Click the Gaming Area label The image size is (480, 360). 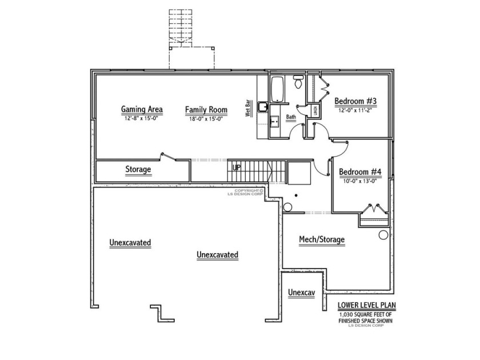pos(142,109)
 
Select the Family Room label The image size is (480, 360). pos(206,109)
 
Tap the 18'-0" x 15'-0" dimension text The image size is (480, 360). pos(206,119)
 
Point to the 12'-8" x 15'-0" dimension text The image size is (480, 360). pos(142,119)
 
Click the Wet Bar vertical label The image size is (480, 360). pos(249,109)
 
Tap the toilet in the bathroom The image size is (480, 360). pos(298,82)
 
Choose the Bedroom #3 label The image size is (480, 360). pos(355,101)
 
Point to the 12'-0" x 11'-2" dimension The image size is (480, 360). pos(355,111)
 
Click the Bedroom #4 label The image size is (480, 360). pos(360,172)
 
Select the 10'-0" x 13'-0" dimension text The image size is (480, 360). pos(360,182)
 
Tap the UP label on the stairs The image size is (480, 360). pos(236,167)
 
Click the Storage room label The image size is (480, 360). pos(138,170)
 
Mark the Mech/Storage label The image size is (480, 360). pos(322,239)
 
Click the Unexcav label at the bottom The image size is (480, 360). pos(302,293)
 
